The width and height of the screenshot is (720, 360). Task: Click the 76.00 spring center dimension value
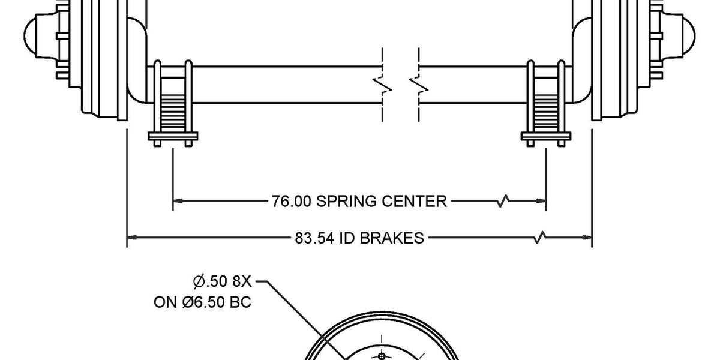292,202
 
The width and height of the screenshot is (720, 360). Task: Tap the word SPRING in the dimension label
347,202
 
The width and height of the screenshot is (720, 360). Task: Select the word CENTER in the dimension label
415,202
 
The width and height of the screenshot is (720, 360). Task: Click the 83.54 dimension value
314,238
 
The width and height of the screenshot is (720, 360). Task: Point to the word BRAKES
391,238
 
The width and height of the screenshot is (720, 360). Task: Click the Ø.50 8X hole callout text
223,281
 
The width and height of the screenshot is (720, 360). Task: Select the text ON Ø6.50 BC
203,302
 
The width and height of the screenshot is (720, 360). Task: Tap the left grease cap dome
29,35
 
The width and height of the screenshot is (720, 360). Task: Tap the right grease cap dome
689,35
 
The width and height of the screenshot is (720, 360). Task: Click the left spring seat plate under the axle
173,136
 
